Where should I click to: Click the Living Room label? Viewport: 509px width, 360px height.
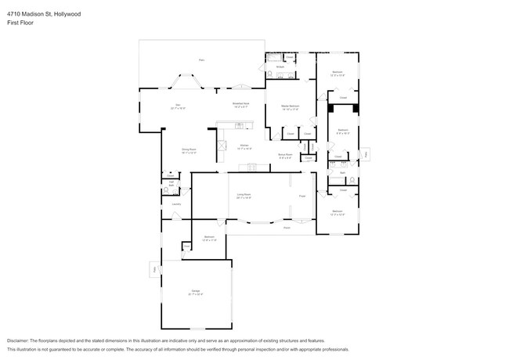244,195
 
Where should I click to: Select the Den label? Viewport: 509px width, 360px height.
178,105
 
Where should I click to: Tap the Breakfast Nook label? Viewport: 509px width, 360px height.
240,103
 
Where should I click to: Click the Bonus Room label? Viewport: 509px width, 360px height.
285,155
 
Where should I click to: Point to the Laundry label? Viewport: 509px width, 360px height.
177,203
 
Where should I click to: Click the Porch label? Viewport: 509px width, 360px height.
287,228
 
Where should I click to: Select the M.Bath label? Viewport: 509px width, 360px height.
280,67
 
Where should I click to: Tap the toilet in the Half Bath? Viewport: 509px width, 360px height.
177,189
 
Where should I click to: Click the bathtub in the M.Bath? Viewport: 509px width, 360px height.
274,58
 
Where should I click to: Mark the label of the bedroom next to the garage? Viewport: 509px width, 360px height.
209,237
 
